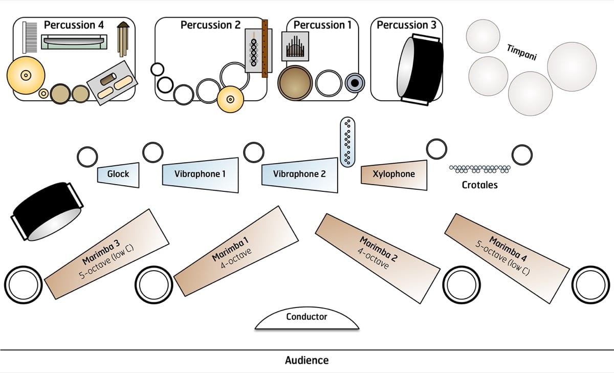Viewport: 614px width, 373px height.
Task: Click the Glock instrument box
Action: [x=118, y=174]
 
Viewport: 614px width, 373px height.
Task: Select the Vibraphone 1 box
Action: [x=200, y=174]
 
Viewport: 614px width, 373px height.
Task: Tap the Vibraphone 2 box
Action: [x=300, y=174]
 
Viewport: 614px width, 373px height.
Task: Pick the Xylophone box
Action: [x=394, y=174]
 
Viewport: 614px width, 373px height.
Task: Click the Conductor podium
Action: [x=307, y=319]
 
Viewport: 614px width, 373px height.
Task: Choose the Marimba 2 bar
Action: [x=377, y=251]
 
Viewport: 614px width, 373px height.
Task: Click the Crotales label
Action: [x=479, y=185]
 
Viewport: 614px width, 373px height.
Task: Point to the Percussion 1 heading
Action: [x=322, y=25]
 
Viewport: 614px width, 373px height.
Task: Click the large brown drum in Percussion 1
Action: [x=295, y=82]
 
